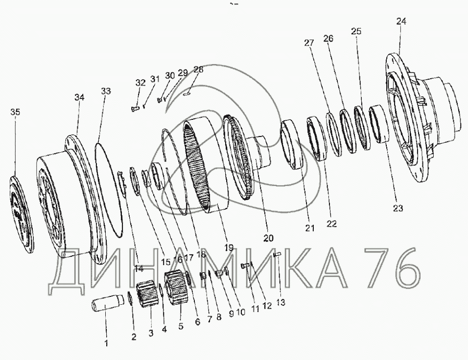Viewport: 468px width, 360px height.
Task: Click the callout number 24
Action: pos(401,22)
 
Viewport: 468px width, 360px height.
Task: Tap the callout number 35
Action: pos(15,112)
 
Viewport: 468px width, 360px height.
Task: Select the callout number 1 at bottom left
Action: pos(106,343)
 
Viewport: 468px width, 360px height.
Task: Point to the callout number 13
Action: pos(281,302)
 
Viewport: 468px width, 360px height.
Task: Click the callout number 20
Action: pos(268,238)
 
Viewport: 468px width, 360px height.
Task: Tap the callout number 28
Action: pos(198,69)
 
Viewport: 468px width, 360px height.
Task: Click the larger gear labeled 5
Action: pos(176,286)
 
